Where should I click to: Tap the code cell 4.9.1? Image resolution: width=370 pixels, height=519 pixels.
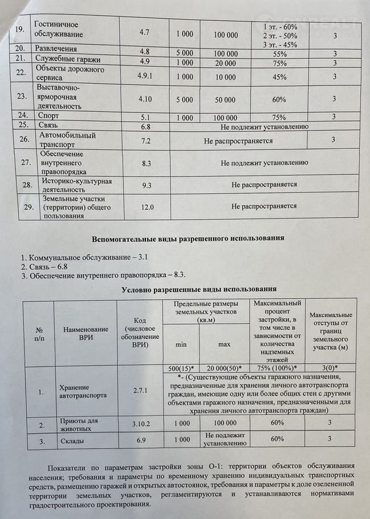[145, 76]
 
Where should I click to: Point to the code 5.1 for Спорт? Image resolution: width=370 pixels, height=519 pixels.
[145, 117]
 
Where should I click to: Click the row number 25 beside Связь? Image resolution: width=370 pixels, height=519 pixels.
[24, 125]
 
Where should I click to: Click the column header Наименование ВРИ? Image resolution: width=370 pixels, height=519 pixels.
[86, 334]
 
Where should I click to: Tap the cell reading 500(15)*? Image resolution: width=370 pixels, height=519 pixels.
[181, 367]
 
